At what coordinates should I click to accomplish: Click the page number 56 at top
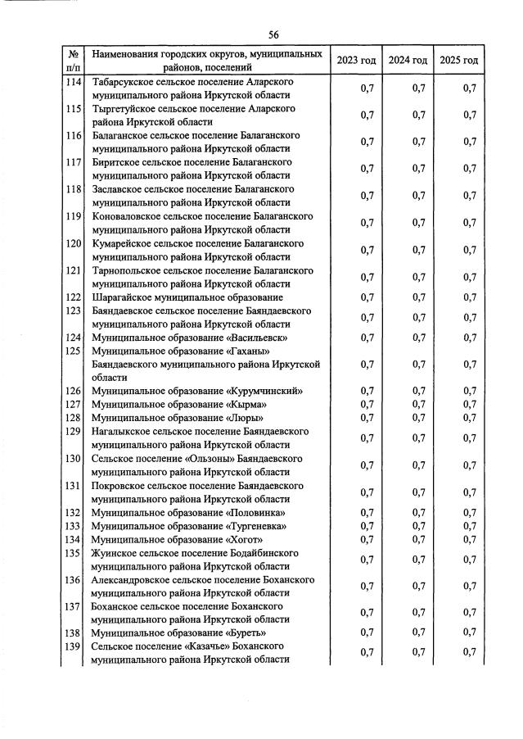click(x=273, y=34)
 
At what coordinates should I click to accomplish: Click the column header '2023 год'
click(x=356, y=60)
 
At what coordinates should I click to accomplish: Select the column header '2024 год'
click(x=408, y=60)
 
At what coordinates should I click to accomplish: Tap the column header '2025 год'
click(x=458, y=60)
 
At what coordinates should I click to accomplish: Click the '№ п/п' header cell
click(x=73, y=60)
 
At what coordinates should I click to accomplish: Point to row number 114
click(x=74, y=83)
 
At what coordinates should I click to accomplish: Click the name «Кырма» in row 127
click(x=246, y=404)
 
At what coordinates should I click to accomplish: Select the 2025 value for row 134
click(x=469, y=539)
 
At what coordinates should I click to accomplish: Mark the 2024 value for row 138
click(x=418, y=632)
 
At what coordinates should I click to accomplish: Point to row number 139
click(x=74, y=646)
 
